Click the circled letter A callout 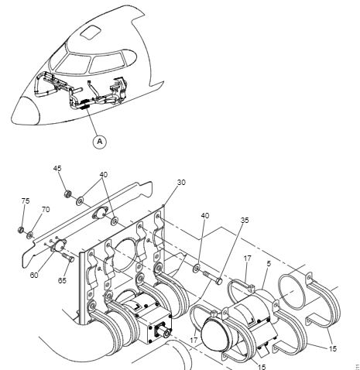click(100, 142)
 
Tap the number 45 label click(57, 169)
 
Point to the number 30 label click(181, 183)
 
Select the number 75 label click(26, 200)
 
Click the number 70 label click(46, 210)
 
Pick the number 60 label click(34, 275)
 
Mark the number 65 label click(62, 280)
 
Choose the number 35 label click(245, 220)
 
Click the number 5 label click(269, 264)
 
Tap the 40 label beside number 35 click(205, 215)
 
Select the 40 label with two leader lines click(104, 175)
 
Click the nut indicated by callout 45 click(67, 194)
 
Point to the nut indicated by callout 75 click(21, 229)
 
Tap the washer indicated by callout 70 click(30, 235)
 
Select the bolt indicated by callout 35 click(213, 277)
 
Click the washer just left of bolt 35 click(196, 269)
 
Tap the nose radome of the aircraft click(26, 111)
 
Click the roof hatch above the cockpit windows click(91, 33)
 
